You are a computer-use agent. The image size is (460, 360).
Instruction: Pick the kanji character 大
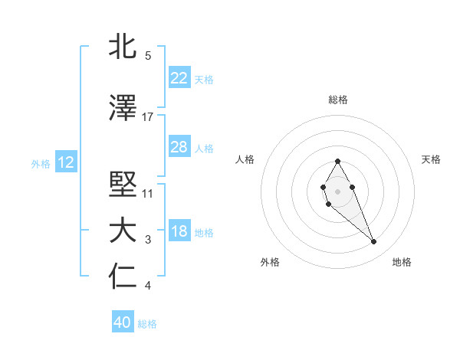click(123, 231)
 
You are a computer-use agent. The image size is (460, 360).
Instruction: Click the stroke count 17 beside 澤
click(148, 117)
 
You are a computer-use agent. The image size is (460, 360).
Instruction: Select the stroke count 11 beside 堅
click(148, 193)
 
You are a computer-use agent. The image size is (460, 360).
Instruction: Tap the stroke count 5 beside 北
click(148, 56)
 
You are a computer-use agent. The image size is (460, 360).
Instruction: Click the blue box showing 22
click(179, 78)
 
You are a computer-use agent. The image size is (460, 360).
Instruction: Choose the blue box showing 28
click(179, 147)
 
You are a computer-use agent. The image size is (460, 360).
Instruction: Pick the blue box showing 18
click(179, 231)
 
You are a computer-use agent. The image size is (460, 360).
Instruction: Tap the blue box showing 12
click(66, 162)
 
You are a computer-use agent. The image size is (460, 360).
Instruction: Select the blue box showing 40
click(123, 322)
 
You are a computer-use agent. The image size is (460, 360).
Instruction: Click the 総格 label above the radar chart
click(338, 100)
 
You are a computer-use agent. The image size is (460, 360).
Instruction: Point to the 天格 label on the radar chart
click(431, 159)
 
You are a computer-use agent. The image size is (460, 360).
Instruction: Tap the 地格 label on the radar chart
click(402, 262)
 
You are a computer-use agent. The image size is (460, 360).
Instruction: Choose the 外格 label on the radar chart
click(270, 262)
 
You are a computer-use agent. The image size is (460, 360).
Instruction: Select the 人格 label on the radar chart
click(245, 159)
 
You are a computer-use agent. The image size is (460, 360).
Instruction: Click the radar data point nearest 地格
click(373, 242)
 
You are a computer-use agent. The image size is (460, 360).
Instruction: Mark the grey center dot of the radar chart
click(337, 190)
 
